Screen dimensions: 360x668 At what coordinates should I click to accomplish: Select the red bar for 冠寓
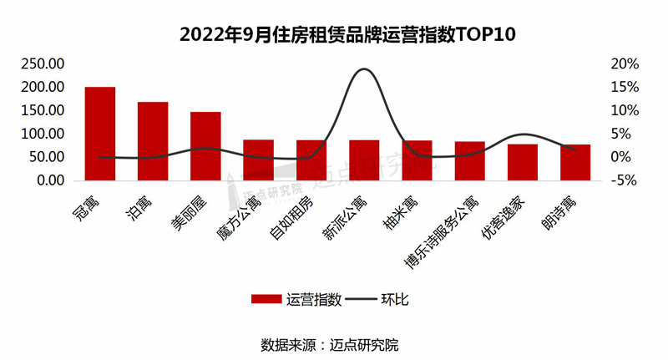[x=100, y=134]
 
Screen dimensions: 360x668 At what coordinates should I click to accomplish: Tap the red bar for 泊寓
[x=153, y=141]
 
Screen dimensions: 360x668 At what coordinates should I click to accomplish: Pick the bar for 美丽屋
[x=205, y=146]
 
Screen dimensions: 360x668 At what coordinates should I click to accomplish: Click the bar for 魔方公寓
[x=258, y=160]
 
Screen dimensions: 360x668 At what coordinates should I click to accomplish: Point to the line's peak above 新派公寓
[x=363, y=69]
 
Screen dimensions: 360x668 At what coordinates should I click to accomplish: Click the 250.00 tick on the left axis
[x=43, y=64]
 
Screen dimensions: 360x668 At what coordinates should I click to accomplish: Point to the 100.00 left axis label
[x=43, y=134]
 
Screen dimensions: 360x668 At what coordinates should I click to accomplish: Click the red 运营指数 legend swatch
[x=266, y=299]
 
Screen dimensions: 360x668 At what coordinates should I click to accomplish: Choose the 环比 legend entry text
[x=393, y=299]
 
